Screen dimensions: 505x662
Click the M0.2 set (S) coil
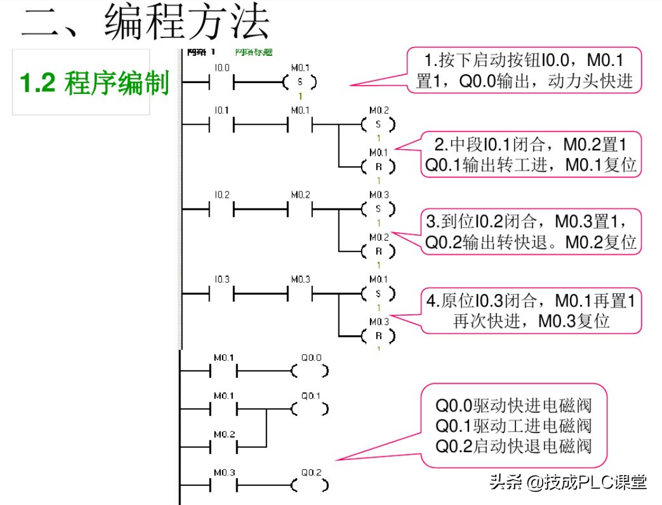[378, 125]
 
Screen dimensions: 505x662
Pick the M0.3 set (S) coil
[378, 209]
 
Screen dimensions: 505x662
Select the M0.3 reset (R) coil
[378, 336]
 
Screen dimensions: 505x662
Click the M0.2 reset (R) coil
[378, 252]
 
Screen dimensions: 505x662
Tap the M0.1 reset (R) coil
[378, 167]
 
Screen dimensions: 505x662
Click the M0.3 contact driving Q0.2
[224, 485]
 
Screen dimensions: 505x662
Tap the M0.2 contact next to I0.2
[300, 209]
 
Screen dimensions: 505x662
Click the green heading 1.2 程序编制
[95, 83]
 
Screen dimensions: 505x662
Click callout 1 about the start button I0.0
[524, 70]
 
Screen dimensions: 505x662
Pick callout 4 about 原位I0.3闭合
[532, 311]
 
